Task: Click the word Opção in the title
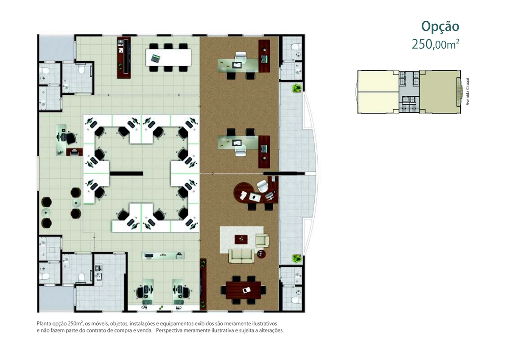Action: point(440,27)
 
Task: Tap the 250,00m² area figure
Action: point(435,44)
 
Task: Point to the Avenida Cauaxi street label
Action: point(467,92)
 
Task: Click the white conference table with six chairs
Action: point(168,58)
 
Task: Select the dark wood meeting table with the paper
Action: point(243,290)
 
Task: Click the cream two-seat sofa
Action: point(241,256)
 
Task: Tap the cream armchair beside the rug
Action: point(263,240)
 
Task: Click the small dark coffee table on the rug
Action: point(241,240)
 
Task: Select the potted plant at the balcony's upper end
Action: point(296,88)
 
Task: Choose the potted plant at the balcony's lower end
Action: point(296,258)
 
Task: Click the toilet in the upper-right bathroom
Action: point(296,47)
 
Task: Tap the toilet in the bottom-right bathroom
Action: point(296,300)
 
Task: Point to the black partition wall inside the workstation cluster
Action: point(126,173)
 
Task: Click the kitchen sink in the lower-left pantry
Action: point(98,268)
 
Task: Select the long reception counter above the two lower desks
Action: point(163,256)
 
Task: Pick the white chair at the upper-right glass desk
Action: point(241,57)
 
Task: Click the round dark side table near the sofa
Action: point(261,254)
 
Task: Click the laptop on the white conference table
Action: point(156,59)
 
